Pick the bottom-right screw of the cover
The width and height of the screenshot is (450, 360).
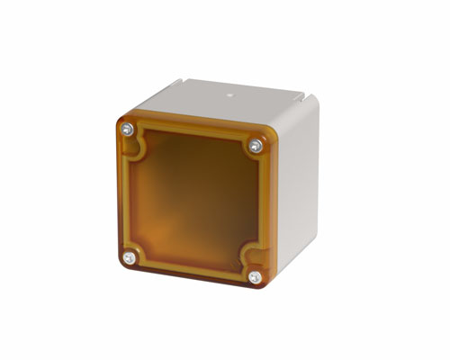point(255,277)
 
